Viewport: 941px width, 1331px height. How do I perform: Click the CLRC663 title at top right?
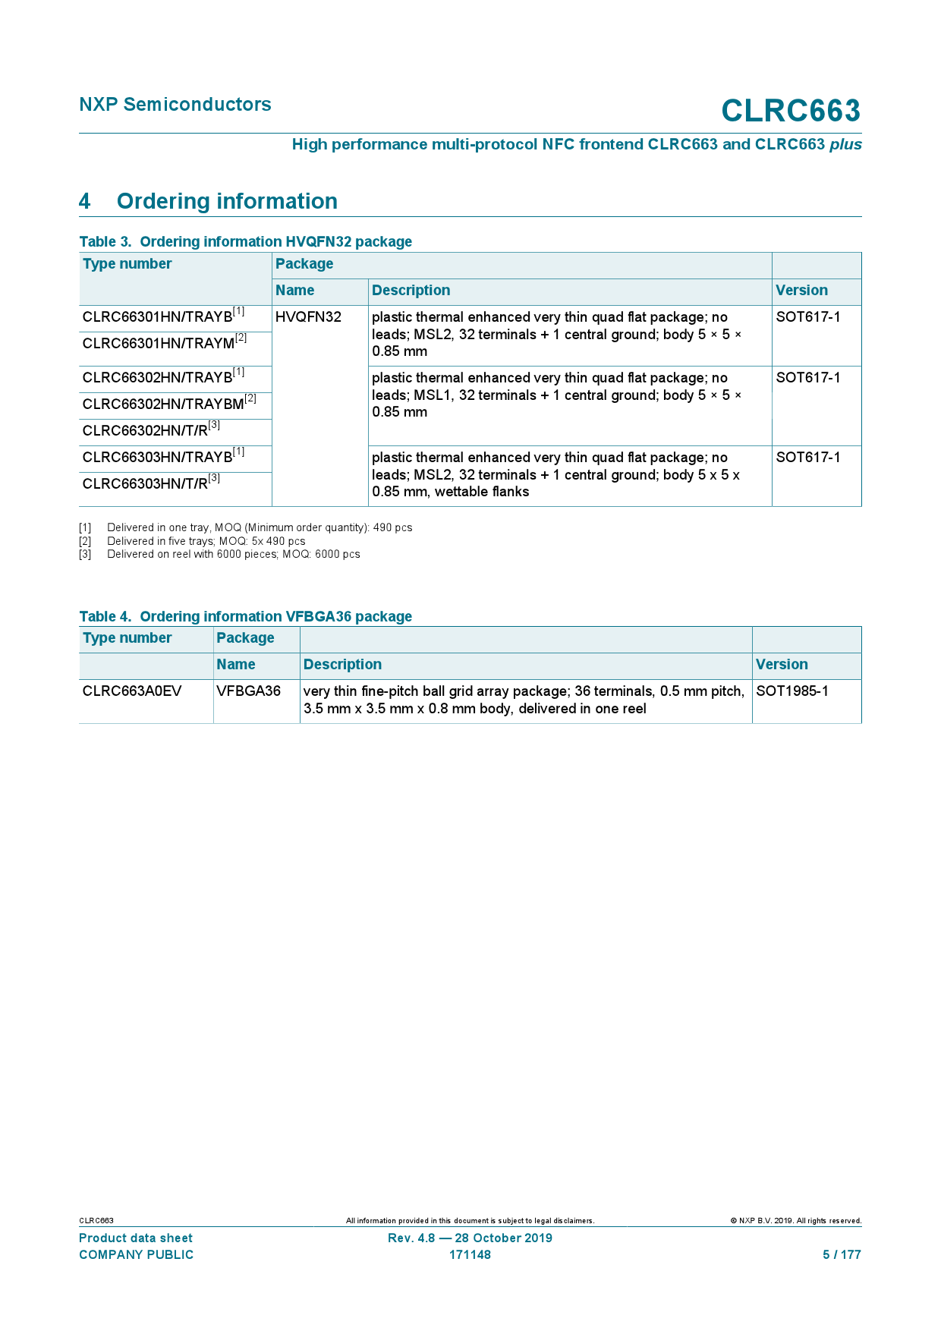[790, 111]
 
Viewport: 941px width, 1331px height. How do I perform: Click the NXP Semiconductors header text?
[175, 105]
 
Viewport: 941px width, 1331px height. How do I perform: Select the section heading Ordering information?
[227, 201]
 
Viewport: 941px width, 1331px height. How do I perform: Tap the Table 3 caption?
[245, 241]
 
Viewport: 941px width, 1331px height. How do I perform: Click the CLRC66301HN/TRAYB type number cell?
[163, 317]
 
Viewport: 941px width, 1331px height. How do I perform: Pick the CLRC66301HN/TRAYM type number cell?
[164, 343]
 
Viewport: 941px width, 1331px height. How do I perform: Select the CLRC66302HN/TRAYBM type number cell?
[169, 404]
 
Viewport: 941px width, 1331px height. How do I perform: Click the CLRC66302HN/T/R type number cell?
[151, 430]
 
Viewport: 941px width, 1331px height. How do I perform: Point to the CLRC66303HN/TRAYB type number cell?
[163, 457]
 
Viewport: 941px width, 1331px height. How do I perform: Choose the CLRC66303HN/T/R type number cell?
[151, 483]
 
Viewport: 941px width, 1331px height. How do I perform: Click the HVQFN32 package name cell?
[309, 317]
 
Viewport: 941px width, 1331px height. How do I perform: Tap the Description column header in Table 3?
[411, 291]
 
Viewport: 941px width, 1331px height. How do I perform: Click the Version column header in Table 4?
[782, 665]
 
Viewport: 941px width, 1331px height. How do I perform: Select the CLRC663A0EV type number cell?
[132, 691]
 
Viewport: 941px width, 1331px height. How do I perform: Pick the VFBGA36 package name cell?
[249, 691]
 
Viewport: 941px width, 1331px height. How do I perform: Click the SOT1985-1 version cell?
[792, 691]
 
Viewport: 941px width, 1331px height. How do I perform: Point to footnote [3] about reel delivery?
[234, 555]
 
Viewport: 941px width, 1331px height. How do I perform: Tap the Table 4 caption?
[245, 616]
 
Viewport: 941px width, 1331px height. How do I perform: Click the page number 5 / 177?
[842, 1255]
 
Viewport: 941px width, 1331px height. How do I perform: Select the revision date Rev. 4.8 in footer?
[470, 1238]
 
